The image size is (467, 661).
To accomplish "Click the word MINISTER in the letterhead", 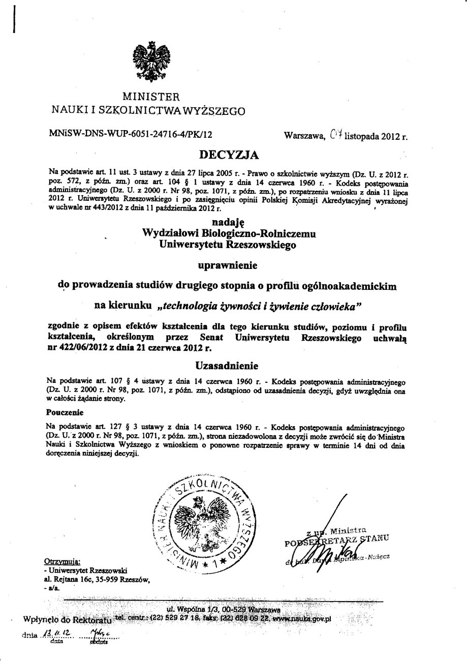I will pyautogui.click(x=150, y=96).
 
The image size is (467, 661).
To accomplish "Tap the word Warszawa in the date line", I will pyautogui.click(x=304, y=136).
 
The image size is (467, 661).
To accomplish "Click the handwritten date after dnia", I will pyautogui.click(x=57, y=634).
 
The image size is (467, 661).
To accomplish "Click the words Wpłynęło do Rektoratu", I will pyautogui.click(x=67, y=620).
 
